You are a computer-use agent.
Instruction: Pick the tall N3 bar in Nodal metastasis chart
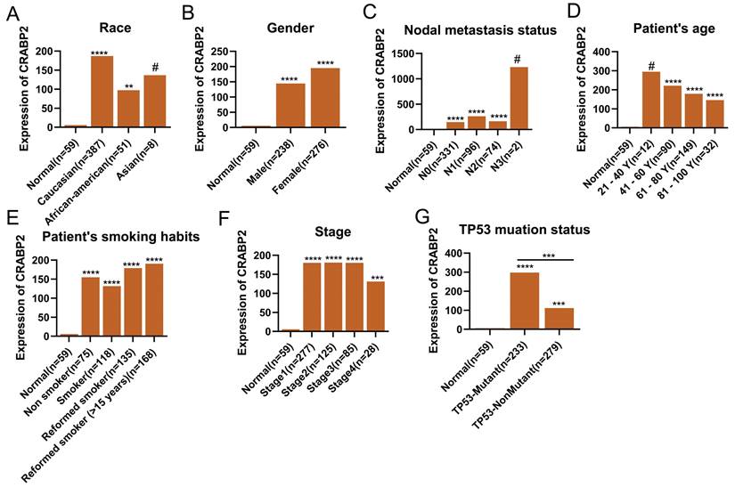pos(519,97)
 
